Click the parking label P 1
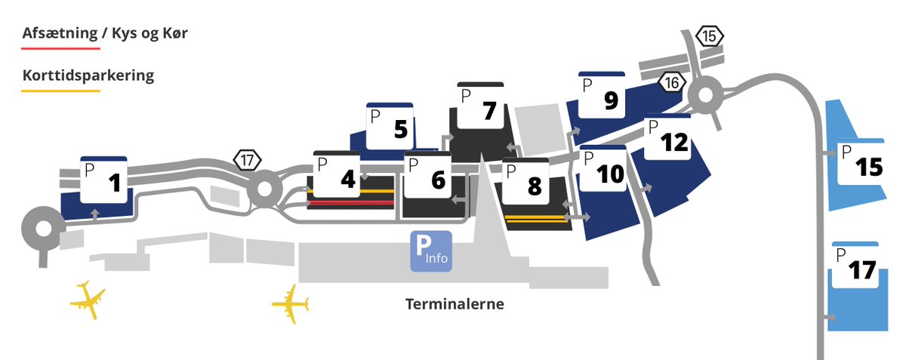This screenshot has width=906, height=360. (x=103, y=180)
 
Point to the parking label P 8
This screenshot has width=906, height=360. (x=525, y=182)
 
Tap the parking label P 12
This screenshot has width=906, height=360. (x=667, y=139)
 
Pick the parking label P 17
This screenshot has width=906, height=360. (x=855, y=266)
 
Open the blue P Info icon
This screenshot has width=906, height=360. (x=430, y=251)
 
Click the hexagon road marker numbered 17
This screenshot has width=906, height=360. (x=248, y=160)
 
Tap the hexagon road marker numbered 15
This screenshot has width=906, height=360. (x=710, y=35)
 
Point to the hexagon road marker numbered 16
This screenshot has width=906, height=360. (x=672, y=82)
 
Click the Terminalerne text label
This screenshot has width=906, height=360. (x=455, y=305)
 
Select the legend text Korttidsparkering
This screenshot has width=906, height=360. (x=88, y=76)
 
